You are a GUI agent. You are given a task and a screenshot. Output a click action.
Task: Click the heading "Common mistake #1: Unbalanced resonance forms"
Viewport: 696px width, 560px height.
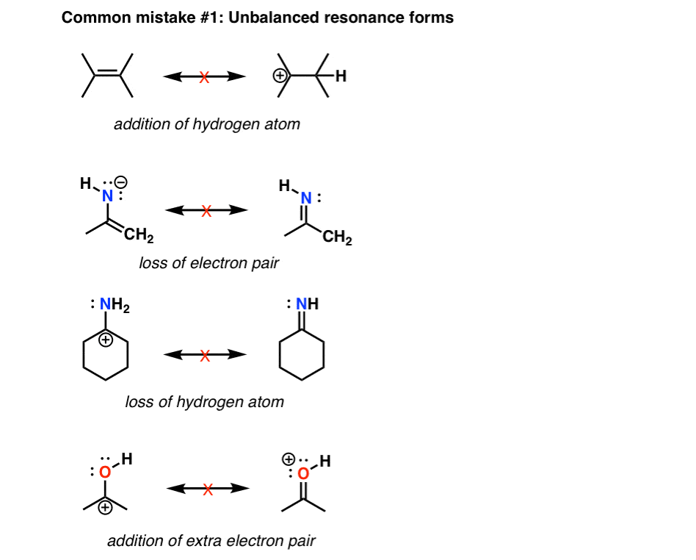257,18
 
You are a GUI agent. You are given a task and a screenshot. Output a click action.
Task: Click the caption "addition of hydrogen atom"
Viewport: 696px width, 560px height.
207,123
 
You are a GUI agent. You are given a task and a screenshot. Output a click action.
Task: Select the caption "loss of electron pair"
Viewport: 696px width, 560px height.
209,262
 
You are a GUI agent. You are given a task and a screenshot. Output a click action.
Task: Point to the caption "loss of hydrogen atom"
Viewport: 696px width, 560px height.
204,401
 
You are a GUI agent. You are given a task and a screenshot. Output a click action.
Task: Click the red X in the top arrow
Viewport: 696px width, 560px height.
205,76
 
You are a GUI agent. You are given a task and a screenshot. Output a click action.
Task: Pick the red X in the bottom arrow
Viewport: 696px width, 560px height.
208,489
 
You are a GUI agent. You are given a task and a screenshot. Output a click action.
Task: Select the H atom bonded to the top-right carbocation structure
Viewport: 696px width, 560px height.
340,75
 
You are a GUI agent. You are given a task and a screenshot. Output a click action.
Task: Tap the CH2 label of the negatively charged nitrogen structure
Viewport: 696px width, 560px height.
138,237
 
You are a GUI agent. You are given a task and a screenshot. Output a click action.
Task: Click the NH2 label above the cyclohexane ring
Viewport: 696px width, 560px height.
114,304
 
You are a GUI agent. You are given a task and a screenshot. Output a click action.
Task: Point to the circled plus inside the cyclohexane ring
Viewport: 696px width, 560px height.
107,340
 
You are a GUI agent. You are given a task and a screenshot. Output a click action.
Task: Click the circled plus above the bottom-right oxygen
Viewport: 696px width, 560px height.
286,459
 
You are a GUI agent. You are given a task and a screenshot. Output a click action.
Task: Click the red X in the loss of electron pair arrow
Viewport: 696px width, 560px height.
206,211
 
